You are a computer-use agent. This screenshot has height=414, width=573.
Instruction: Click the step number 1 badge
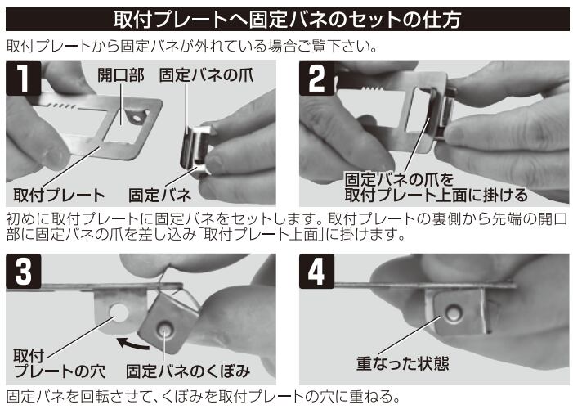tap(24, 79)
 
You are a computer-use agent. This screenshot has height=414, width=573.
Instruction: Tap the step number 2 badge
tap(317, 79)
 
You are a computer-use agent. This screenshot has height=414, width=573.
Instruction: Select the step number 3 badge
tap(24, 272)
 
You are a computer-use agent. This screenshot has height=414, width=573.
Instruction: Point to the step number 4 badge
tap(317, 272)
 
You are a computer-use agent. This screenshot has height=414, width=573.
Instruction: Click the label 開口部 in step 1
tap(121, 75)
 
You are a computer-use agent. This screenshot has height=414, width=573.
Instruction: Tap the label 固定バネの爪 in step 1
tap(207, 75)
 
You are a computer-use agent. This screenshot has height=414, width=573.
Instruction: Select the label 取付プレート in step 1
tap(59, 195)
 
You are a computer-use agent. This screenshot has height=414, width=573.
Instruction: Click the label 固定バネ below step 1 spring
tap(159, 195)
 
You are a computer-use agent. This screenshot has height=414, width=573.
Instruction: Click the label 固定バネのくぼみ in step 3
tap(188, 371)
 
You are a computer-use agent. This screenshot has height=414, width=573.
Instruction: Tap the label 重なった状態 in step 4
tap(403, 363)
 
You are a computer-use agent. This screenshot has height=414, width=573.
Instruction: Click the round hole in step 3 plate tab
tap(119, 313)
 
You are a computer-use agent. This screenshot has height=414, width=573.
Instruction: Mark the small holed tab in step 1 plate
tap(137, 117)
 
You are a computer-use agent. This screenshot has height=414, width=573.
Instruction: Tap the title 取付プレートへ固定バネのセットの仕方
tap(287, 19)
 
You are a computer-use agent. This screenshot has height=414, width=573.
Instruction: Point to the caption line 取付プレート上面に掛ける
tap(436, 195)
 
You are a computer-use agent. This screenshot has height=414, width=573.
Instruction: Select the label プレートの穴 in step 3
tap(59, 371)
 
